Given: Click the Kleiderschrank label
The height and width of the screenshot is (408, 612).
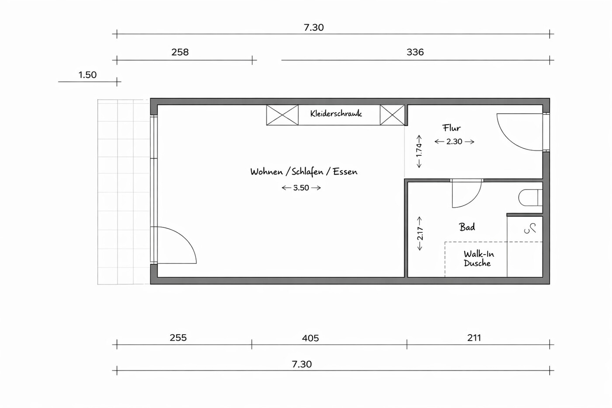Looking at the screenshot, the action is click(x=336, y=113).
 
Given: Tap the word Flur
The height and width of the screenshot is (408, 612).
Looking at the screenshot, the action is click(x=451, y=128).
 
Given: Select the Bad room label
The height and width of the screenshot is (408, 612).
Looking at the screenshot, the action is click(x=467, y=227).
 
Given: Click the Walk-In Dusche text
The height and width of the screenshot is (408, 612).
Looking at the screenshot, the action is click(x=479, y=258).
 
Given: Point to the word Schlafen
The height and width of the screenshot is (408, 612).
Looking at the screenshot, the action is click(x=308, y=172).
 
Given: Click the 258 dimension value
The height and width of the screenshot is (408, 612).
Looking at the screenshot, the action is click(x=180, y=52).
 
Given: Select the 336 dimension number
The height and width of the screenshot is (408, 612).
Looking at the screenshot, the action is click(x=415, y=52).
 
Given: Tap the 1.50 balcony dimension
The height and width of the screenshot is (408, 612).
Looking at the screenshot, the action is click(x=87, y=75).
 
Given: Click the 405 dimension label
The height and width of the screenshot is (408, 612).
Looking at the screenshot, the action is click(x=310, y=338).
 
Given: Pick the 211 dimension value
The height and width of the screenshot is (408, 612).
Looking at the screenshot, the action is click(x=474, y=338).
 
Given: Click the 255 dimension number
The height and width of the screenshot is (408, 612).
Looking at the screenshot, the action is click(x=178, y=338).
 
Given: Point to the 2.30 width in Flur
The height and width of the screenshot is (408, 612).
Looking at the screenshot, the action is click(x=454, y=141).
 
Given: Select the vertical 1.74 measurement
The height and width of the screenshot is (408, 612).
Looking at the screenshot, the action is click(x=419, y=151).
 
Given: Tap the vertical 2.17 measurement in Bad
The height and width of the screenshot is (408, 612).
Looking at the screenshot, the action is click(x=420, y=234).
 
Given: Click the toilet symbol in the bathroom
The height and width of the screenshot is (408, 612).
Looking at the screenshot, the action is click(x=530, y=198).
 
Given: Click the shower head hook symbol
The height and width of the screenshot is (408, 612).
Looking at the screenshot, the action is click(x=530, y=229).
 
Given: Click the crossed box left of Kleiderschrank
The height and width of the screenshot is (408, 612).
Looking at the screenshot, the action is click(x=282, y=115).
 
